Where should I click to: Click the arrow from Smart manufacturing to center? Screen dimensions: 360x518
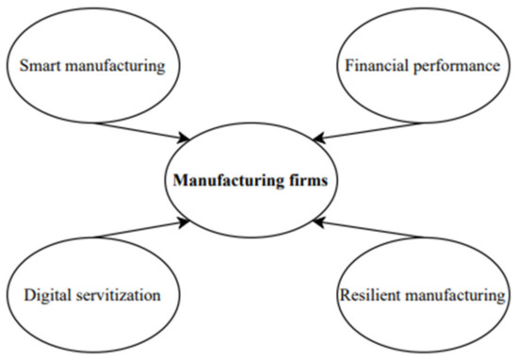click(x=141, y=130)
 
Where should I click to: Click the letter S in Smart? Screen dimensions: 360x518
click(x=24, y=66)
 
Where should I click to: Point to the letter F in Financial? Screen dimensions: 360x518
click(x=348, y=66)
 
